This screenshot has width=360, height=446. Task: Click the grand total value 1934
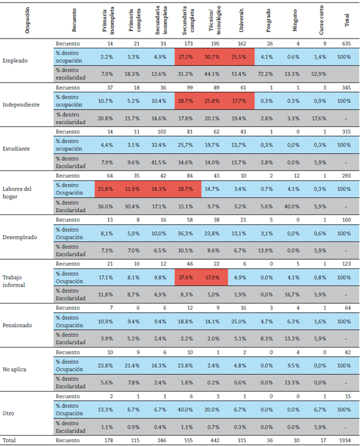click(346, 440)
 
